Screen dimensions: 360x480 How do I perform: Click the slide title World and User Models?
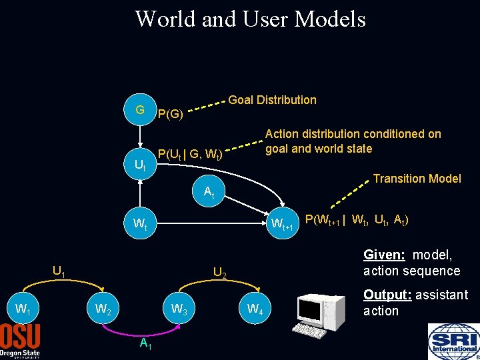pyautogui.click(x=250, y=19)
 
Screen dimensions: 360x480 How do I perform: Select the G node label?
pyautogui.click(x=140, y=109)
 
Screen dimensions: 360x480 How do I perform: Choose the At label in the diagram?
pyautogui.click(x=209, y=193)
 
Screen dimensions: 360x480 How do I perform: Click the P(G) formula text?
pyautogui.click(x=170, y=115)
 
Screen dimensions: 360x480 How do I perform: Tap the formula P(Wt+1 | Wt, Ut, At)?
pyautogui.click(x=356, y=221)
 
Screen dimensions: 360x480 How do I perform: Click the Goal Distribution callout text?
pyautogui.click(x=272, y=100)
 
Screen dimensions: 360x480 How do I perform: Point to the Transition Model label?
pyautogui.click(x=417, y=179)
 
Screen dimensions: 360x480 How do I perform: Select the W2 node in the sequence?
pyautogui.click(x=103, y=309)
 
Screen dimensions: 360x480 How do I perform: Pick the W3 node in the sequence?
pyautogui.click(x=179, y=309)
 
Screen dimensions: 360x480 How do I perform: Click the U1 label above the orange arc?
pyautogui.click(x=59, y=271)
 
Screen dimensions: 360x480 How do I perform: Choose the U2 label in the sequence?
pyautogui.click(x=220, y=273)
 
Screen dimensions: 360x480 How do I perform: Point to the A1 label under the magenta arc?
pyautogui.click(x=145, y=343)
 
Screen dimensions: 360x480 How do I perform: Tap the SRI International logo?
pyautogui.click(x=453, y=341)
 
